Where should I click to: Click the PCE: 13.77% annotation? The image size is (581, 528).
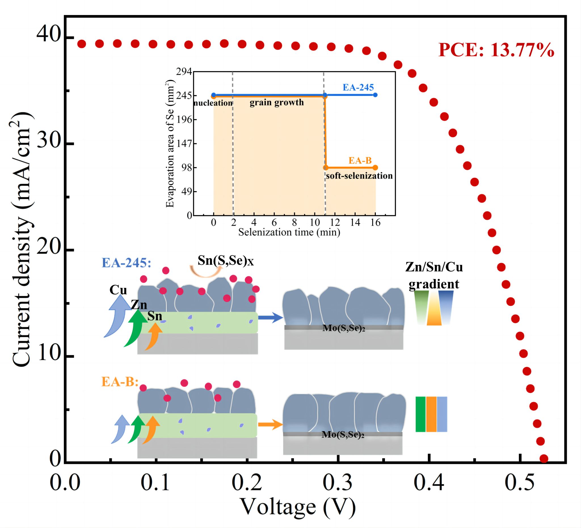496,50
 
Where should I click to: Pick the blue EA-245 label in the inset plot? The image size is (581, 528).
358,87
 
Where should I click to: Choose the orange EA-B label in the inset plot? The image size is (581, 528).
360,160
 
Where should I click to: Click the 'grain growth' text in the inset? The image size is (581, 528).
276,102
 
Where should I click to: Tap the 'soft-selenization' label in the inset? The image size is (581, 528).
359,176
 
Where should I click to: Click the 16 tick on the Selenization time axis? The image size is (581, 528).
375,222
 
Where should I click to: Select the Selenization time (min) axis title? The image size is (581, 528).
289,232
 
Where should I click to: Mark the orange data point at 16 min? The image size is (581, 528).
375,168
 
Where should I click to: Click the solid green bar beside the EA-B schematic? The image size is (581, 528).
420,414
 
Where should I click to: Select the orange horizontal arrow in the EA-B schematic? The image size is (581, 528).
270,424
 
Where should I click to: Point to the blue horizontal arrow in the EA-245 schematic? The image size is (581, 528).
270,318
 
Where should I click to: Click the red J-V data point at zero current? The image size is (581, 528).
544,459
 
